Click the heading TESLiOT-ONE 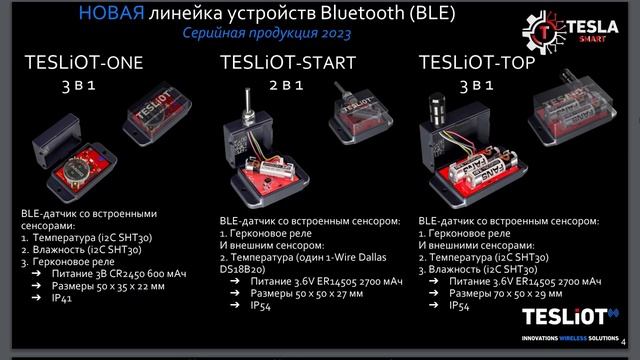(x=85, y=64)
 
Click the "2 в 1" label (x=286, y=86)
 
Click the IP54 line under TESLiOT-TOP (x=460, y=307)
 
